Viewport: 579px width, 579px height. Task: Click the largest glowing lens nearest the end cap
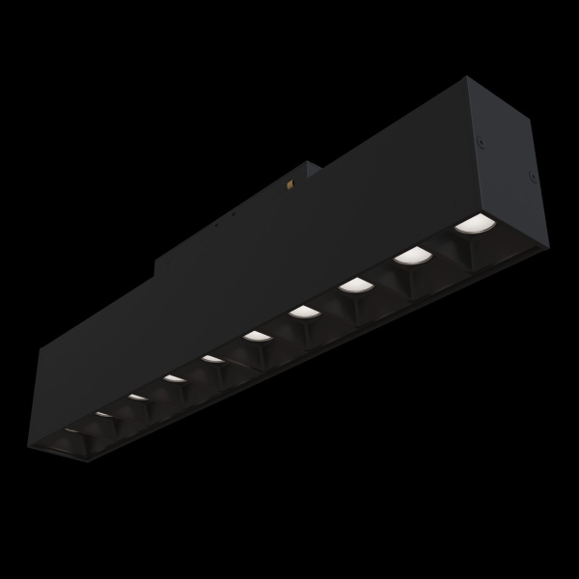(x=474, y=226)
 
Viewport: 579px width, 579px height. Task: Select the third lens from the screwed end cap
(x=355, y=285)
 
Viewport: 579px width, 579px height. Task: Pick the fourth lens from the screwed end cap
(x=303, y=311)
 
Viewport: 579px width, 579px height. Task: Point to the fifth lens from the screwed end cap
(x=256, y=336)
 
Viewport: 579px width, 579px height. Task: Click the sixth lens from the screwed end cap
(x=212, y=359)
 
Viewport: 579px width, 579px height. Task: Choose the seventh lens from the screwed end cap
(x=174, y=378)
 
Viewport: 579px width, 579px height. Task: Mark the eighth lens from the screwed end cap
(x=137, y=397)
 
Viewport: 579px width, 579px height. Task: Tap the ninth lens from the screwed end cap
(x=103, y=413)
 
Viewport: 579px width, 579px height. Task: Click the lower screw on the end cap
(x=532, y=175)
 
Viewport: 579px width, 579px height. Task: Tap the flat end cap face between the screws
(x=507, y=169)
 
